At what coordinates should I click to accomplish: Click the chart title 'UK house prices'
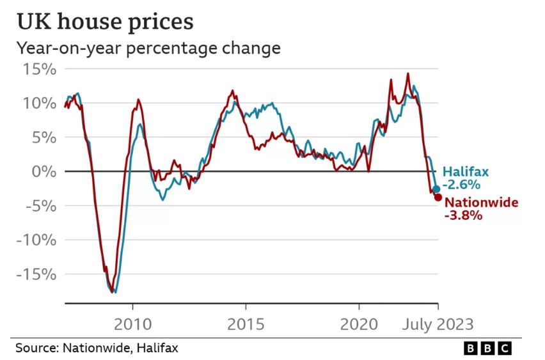[105, 22]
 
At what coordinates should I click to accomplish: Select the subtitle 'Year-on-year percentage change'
[148, 49]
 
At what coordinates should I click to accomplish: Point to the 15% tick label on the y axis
[40, 69]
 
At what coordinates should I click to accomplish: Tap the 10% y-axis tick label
[40, 103]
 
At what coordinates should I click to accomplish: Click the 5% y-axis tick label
[43, 137]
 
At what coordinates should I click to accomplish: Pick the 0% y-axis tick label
[43, 171]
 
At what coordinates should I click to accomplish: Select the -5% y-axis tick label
[40, 206]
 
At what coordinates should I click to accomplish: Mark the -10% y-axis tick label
[36, 240]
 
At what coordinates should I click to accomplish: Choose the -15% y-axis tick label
[36, 274]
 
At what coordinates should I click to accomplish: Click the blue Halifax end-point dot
[436, 189]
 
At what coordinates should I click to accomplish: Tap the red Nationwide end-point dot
[438, 197]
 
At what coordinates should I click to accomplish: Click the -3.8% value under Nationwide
[462, 216]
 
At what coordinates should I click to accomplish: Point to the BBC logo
[487, 348]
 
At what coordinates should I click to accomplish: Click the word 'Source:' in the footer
[36, 348]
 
